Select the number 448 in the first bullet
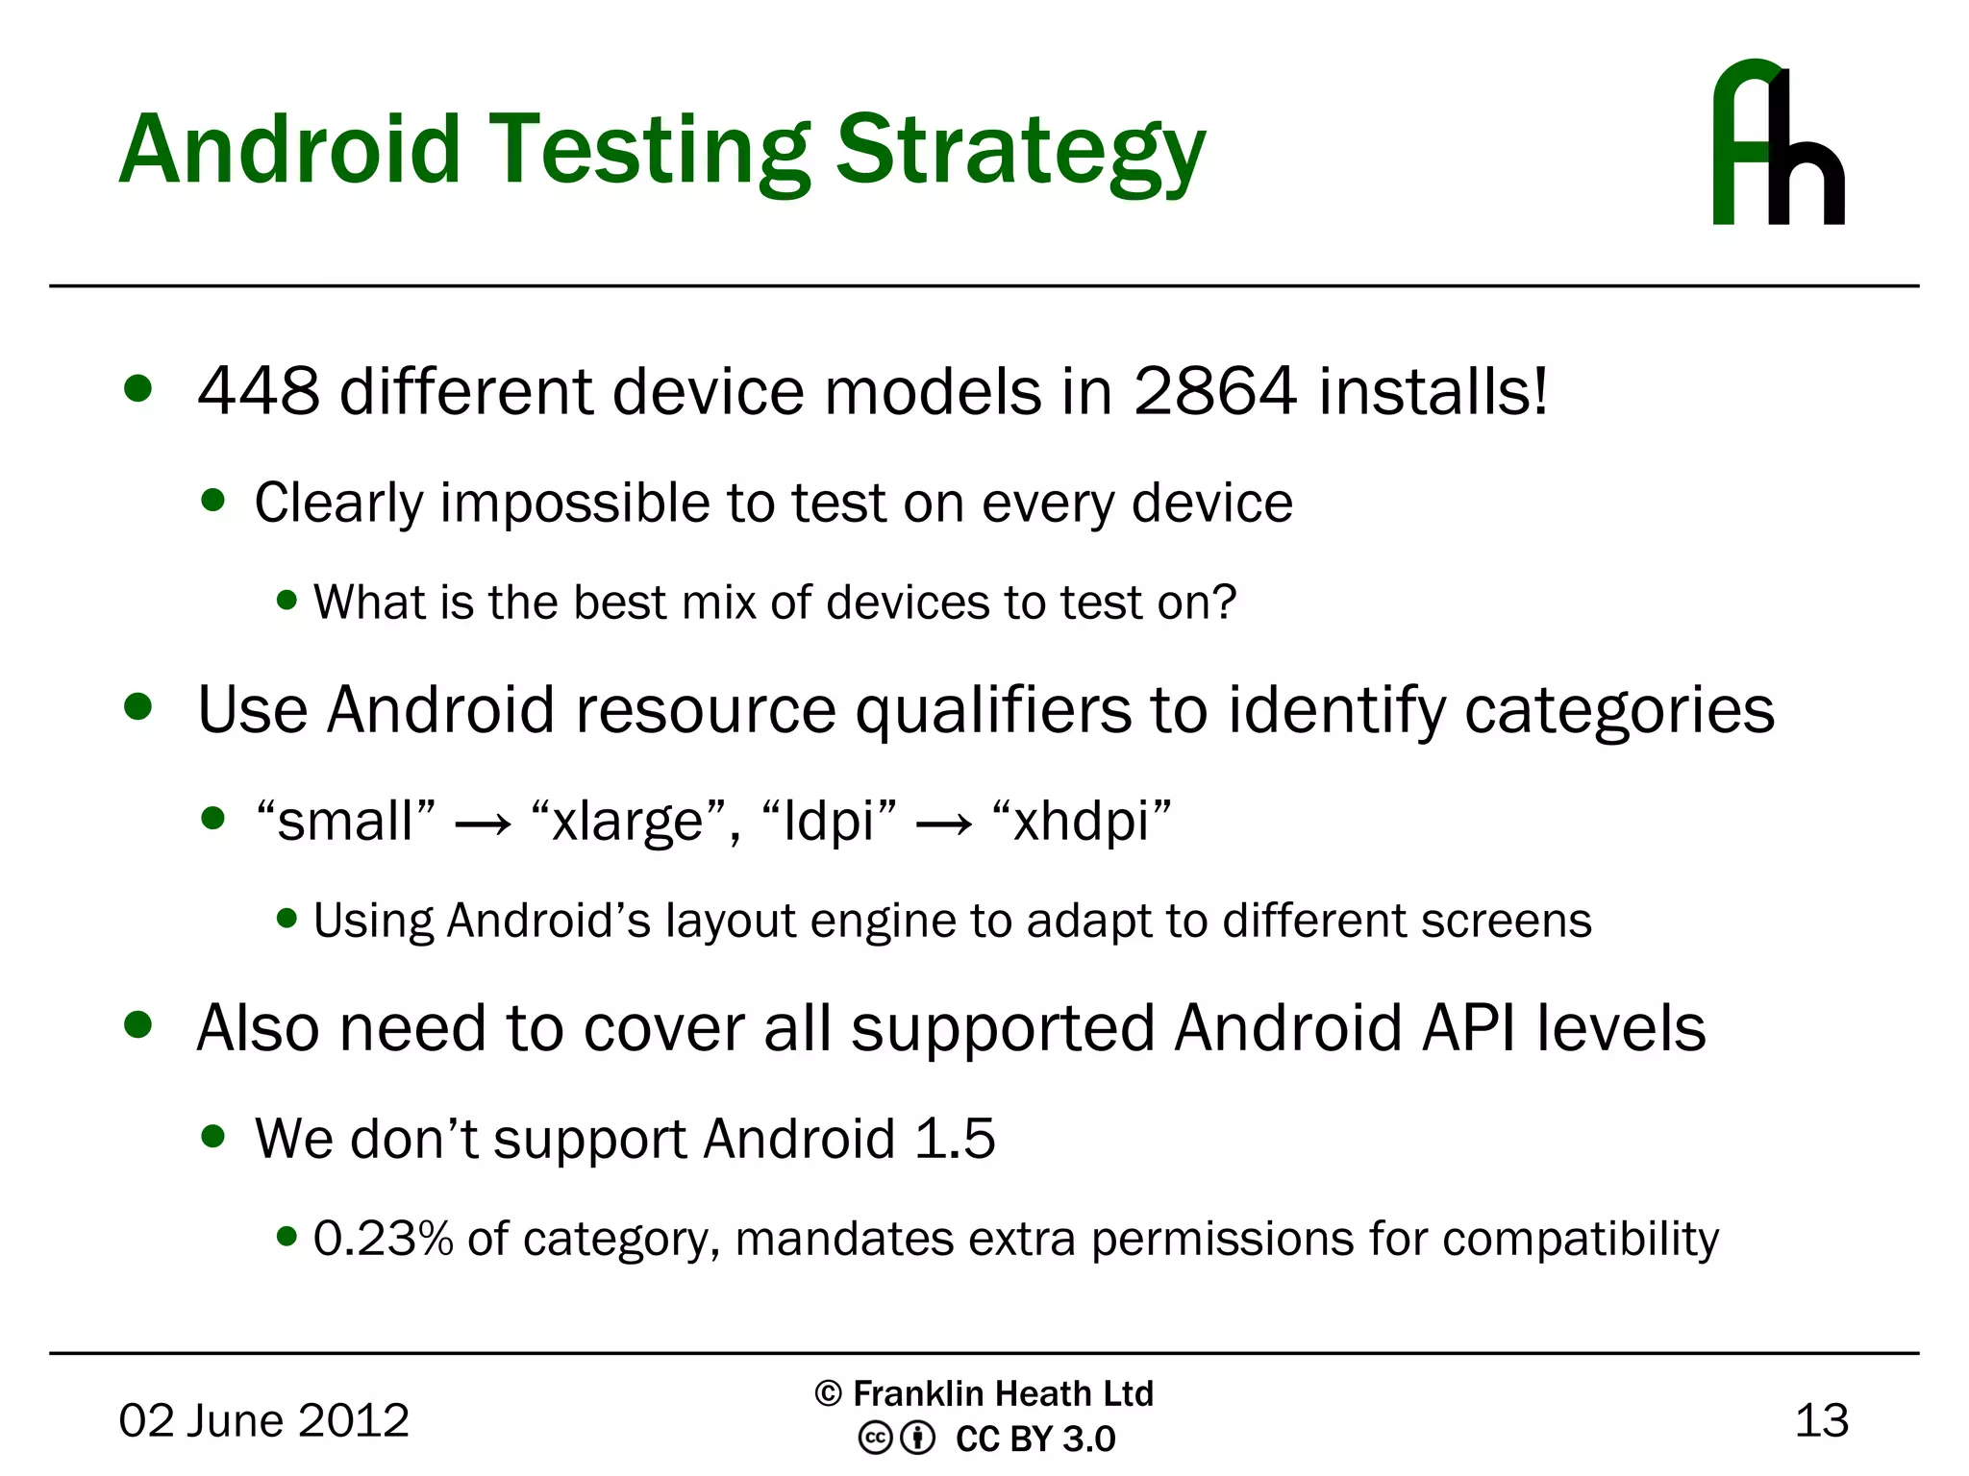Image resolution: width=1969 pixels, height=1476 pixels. click(x=258, y=392)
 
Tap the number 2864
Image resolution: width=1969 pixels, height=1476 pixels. click(x=1215, y=392)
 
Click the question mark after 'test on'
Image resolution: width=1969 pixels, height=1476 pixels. click(x=1224, y=603)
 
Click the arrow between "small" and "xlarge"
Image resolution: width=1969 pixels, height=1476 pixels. click(x=483, y=824)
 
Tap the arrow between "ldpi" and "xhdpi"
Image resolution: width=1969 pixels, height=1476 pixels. click(x=944, y=824)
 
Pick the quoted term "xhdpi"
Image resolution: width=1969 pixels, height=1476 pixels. click(x=1082, y=822)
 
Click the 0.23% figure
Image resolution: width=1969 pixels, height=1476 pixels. click(x=383, y=1239)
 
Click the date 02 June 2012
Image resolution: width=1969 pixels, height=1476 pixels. click(x=263, y=1420)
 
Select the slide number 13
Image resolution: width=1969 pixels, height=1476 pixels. click(x=1821, y=1420)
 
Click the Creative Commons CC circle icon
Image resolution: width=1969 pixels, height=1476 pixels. click(x=875, y=1439)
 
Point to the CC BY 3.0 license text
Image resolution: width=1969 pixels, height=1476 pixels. click(x=1034, y=1439)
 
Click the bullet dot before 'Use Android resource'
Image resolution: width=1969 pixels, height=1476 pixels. click(x=138, y=707)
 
